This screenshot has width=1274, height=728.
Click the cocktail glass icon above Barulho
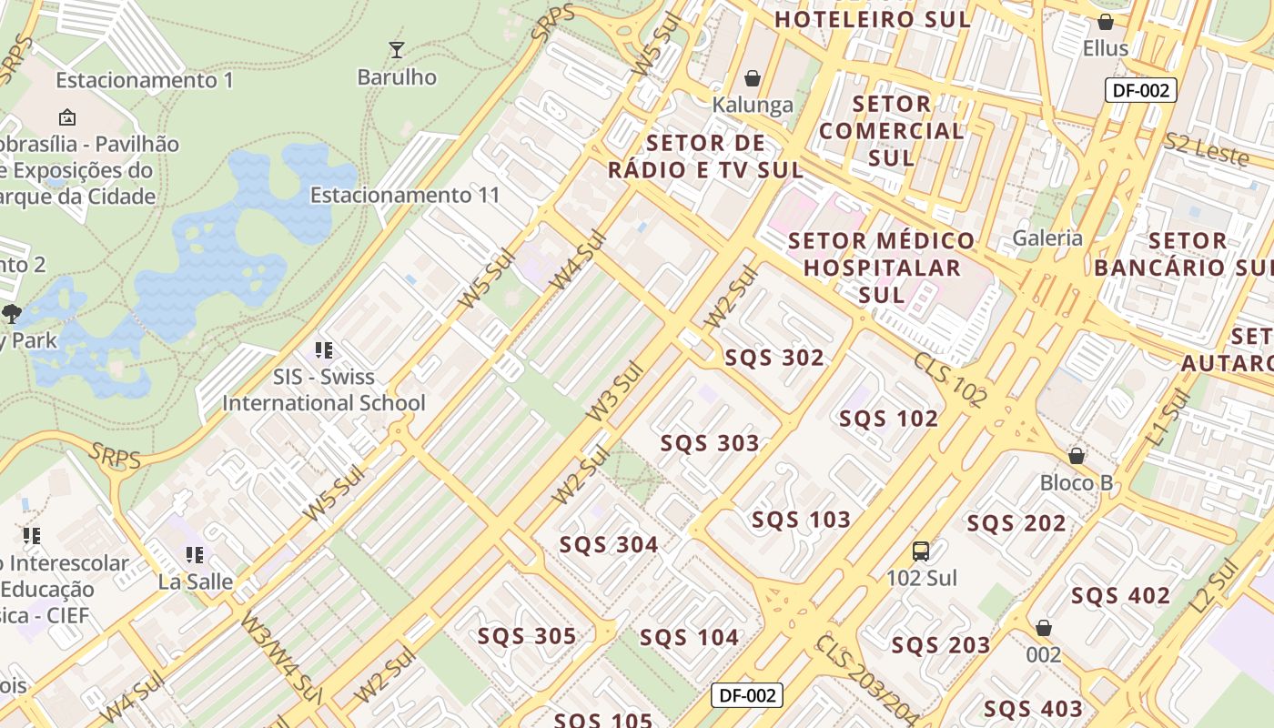coord(396,49)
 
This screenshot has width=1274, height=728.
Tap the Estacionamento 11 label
coord(405,195)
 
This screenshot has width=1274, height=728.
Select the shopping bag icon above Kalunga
coord(753,78)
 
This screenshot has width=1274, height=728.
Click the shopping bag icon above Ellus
coord(1106,22)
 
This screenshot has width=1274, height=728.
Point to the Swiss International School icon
coord(323,349)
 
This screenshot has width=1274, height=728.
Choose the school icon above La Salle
coord(195,553)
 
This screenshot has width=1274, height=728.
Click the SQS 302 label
coord(774,358)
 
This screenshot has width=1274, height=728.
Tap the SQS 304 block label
coord(609,545)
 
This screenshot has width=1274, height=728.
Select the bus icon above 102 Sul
coord(921,551)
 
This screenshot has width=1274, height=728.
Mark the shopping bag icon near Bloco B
coord(1077,455)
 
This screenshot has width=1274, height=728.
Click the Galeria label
coord(1048,238)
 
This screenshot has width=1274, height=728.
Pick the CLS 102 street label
coord(951,379)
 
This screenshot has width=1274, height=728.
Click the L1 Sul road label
coord(1168,418)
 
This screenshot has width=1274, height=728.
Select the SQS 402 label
coord(1120,596)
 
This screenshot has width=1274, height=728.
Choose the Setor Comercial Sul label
coord(891,130)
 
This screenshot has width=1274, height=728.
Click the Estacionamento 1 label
coord(145,80)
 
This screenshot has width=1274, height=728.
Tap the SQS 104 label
coord(689,637)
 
